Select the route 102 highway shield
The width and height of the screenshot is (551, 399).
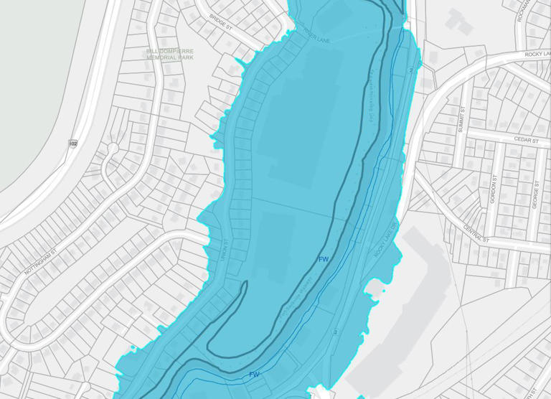tap(73, 144)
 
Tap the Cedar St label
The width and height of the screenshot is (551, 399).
tap(526, 141)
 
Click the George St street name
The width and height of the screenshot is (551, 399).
tap(535, 194)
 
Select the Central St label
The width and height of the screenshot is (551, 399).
tap(476, 233)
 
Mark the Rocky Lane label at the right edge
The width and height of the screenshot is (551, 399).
tap(537, 54)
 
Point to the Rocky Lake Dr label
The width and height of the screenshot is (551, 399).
tap(385, 241)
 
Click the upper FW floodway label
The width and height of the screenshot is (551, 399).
tap(324, 259)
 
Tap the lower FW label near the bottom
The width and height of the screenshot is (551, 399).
tap(254, 375)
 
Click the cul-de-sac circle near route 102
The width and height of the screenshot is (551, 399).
tap(113, 149)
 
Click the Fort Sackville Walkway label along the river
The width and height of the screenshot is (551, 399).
tap(372, 100)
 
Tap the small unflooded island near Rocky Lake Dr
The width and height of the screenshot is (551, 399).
tap(375, 288)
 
